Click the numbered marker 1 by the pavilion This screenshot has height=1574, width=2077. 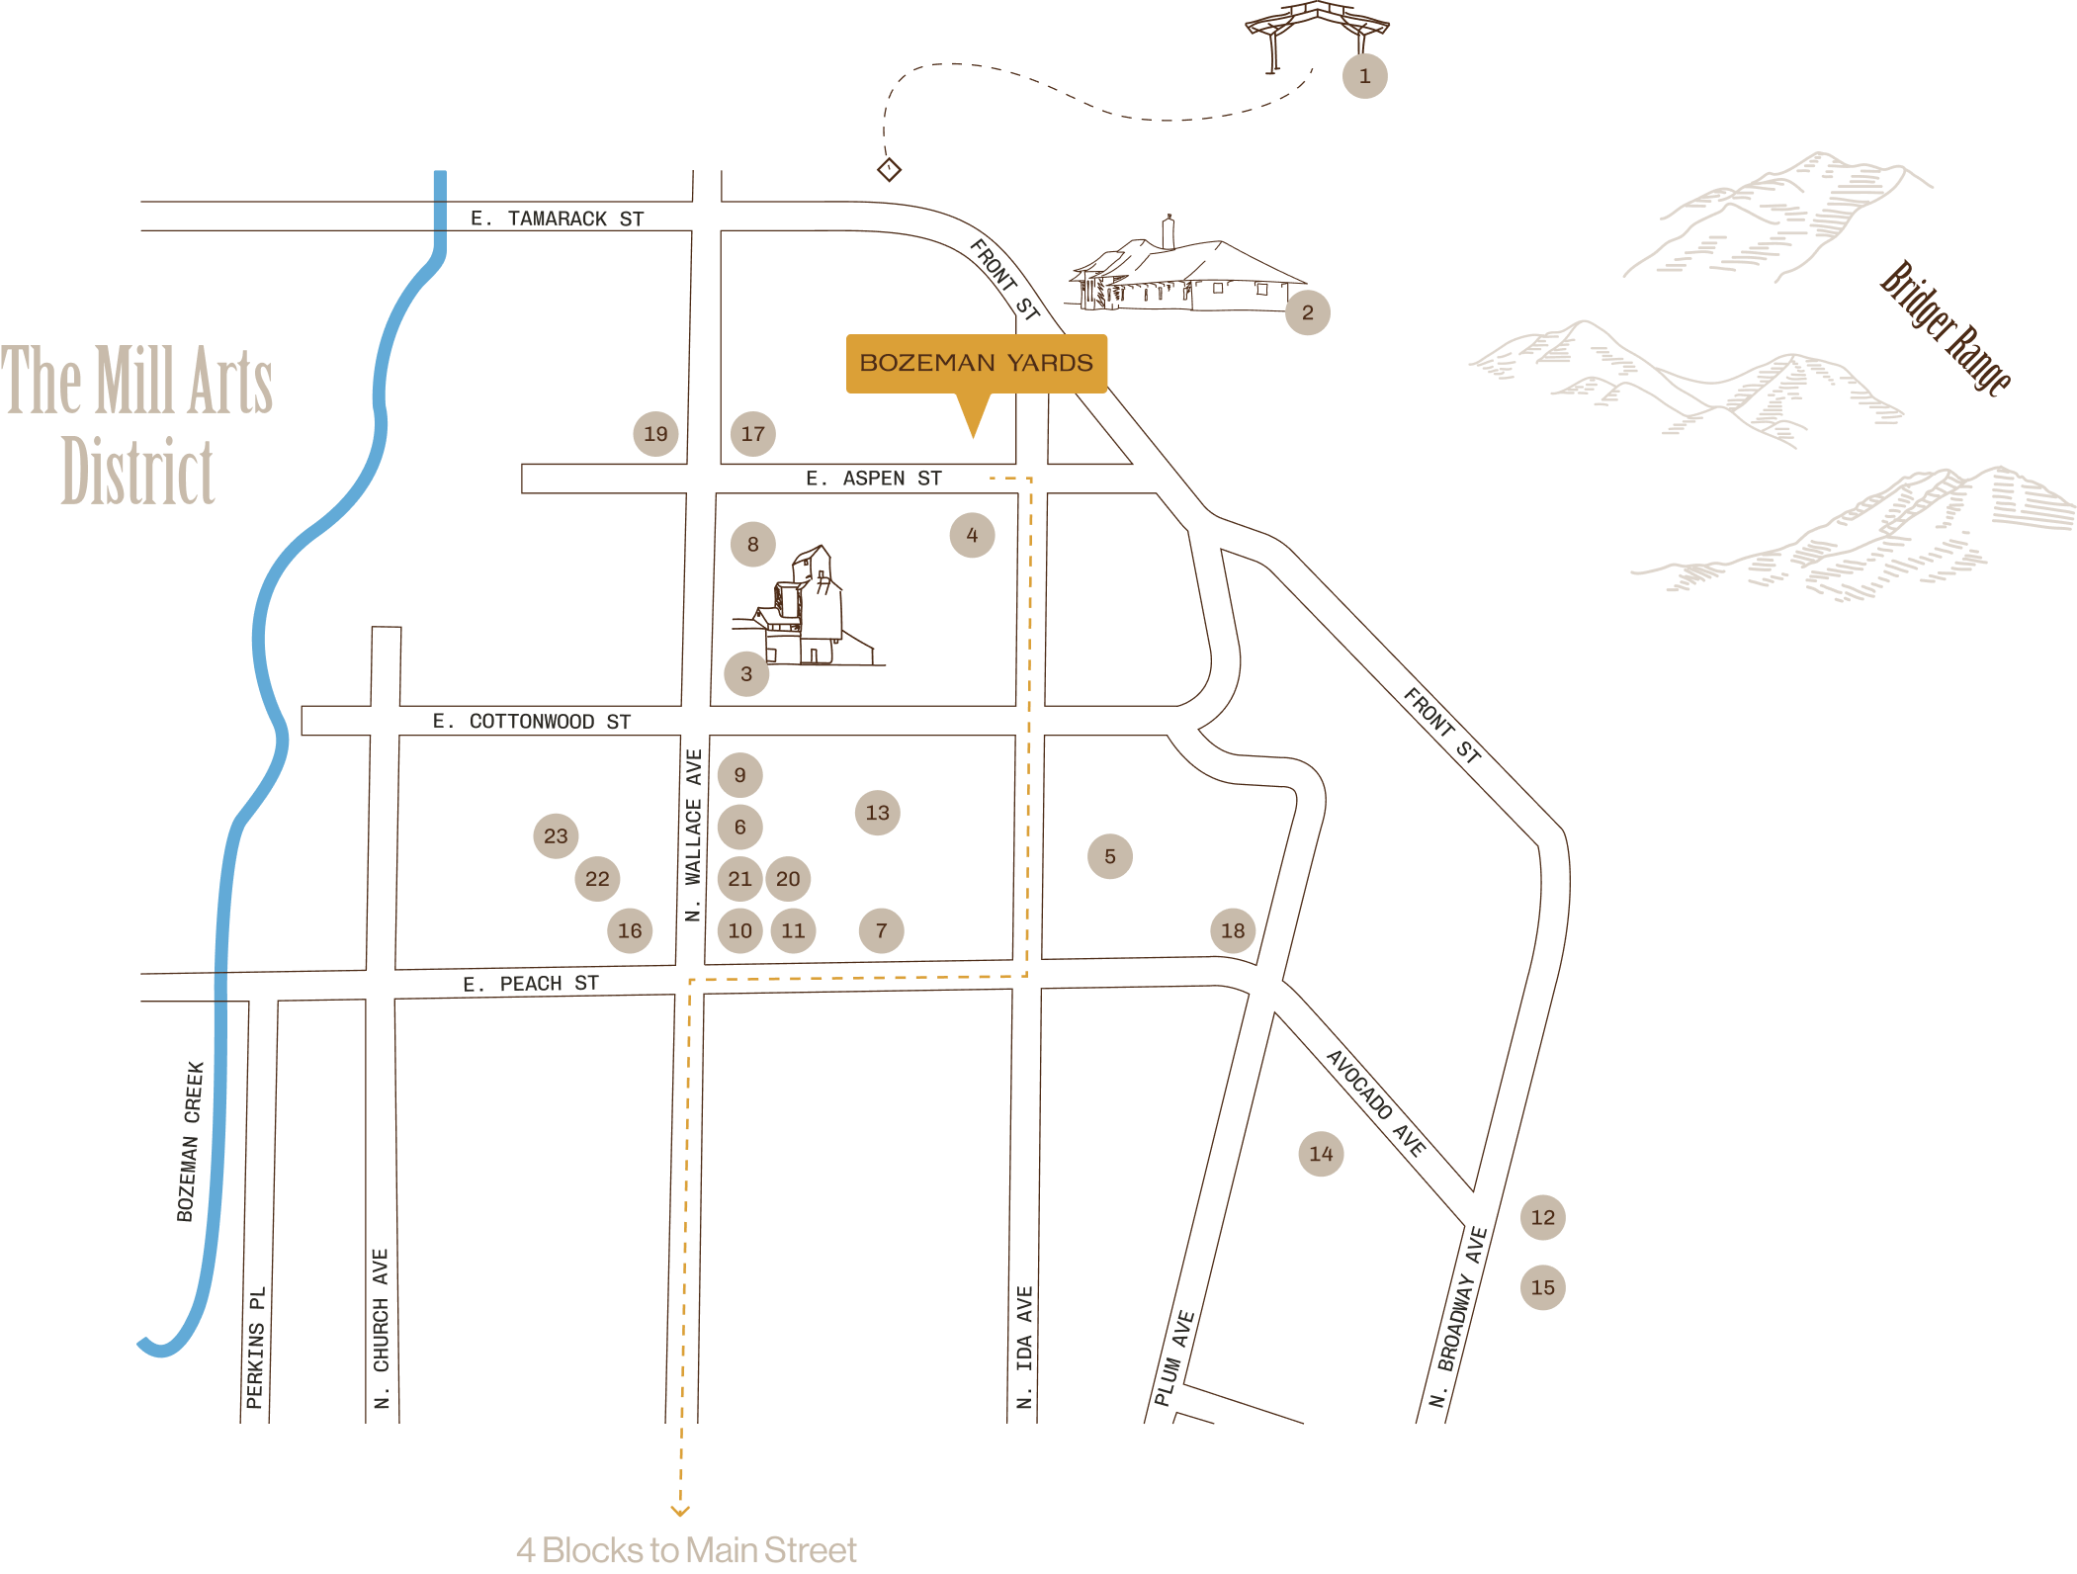coord(1364,76)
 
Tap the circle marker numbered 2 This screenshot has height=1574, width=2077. coord(1307,312)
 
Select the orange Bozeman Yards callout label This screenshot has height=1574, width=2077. coord(976,364)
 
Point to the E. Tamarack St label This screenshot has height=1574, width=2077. coord(557,219)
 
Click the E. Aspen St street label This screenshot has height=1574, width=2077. coord(874,479)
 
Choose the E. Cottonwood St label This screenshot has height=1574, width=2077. coord(532,722)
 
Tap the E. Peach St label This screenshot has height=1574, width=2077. coord(531,984)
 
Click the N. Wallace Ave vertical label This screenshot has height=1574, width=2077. coord(693,835)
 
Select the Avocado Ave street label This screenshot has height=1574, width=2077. coord(1376,1102)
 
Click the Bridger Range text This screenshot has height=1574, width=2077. coord(1945,327)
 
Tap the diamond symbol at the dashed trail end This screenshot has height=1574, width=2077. coord(889,170)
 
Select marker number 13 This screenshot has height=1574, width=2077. coord(877,813)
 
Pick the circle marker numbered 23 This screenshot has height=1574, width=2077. coord(556,836)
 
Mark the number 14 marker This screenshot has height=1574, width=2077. coord(1321,1154)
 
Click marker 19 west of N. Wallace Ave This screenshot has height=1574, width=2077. coord(655,434)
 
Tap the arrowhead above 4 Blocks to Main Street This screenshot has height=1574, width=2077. coord(680,1511)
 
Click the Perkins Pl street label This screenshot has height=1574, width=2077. coord(255,1348)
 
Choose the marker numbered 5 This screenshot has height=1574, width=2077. coord(1110,856)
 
